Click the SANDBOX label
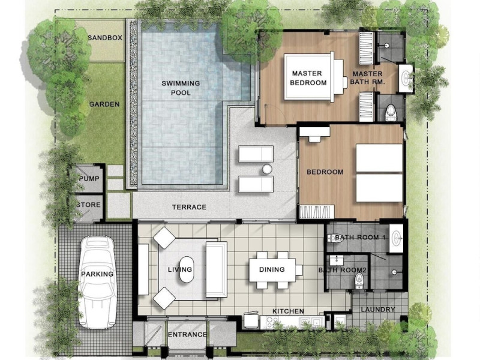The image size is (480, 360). (105, 38)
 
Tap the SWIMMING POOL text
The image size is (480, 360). (181, 88)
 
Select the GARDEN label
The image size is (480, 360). (104, 104)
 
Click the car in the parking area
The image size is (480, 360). (97, 282)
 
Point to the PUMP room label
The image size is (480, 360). (89, 178)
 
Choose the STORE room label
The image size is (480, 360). (88, 205)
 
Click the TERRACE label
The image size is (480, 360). (189, 207)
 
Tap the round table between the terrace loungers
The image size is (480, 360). (267, 169)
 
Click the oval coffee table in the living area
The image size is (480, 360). (187, 269)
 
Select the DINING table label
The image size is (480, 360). (272, 269)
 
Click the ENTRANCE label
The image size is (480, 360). (187, 335)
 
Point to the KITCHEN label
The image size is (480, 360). (288, 311)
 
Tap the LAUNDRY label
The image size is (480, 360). (378, 310)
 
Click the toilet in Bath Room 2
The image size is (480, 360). (359, 281)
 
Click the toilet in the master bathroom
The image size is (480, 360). (391, 112)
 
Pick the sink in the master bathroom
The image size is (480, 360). (406, 77)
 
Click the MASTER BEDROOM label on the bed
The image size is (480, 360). (308, 78)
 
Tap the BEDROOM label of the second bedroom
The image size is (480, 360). (325, 172)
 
